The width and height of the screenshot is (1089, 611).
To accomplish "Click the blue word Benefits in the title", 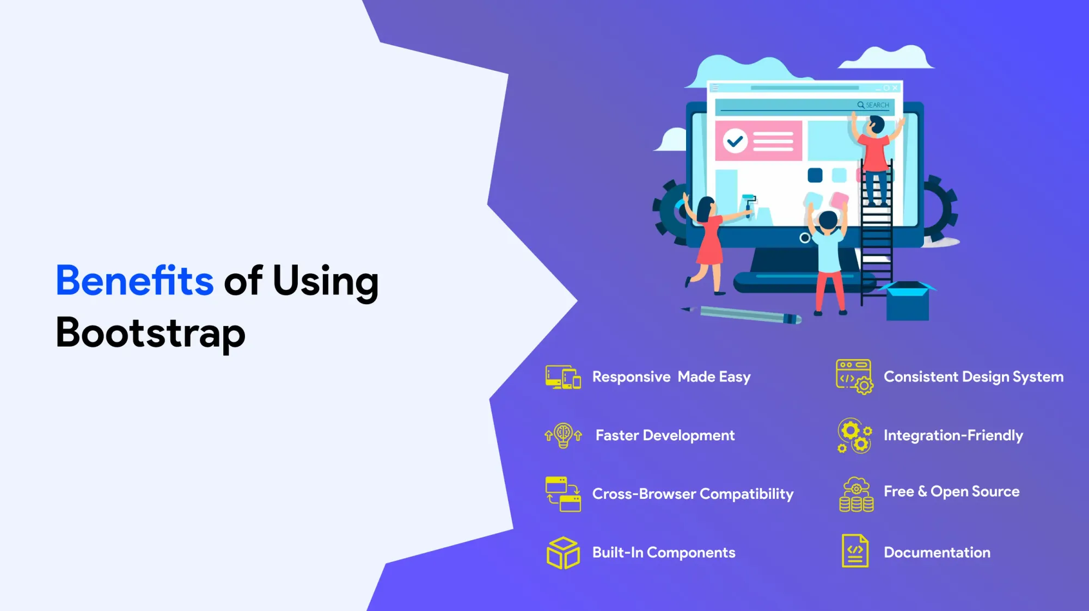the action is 134,281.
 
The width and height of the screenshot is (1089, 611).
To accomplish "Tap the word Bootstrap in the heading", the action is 151,334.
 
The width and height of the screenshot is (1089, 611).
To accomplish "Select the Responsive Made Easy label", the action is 671,377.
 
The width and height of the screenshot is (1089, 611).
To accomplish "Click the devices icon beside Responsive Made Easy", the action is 563,377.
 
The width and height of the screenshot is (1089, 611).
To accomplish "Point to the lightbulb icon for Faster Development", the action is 564,435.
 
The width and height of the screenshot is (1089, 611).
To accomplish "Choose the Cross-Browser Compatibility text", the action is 693,494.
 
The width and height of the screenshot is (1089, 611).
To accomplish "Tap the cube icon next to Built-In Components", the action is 563,553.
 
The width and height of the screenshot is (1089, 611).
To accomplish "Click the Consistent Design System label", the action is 974,377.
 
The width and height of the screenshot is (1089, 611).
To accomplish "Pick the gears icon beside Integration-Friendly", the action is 855,436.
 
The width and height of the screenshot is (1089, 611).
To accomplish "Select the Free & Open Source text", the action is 952,491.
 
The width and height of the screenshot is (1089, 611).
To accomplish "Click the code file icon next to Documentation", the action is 855,551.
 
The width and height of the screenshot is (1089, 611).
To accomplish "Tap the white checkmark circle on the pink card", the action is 735,141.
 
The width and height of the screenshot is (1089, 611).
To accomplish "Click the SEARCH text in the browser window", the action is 877,105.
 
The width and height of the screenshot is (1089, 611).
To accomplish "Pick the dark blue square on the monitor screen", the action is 815,175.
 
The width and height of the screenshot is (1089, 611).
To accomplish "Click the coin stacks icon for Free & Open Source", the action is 856,495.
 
